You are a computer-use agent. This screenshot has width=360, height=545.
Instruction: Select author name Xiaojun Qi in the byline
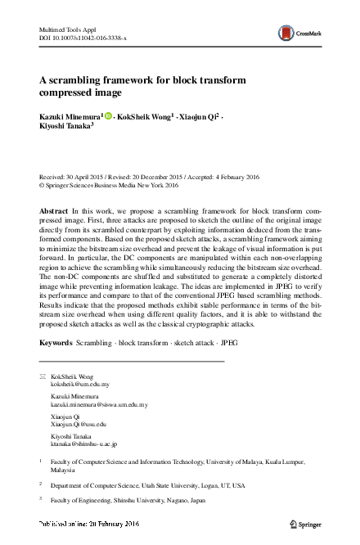(199, 118)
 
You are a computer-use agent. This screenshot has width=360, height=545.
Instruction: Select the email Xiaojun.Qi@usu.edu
(79, 425)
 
